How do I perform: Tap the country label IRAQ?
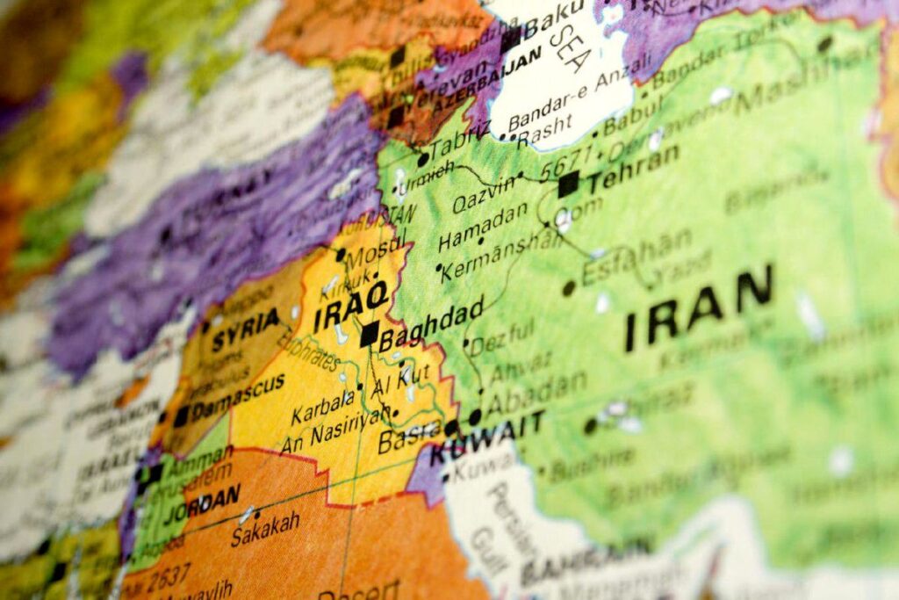tap(350, 304)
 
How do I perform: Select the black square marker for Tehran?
tap(568, 184)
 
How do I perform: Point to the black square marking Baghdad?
tap(370, 333)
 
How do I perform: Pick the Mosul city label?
tap(376, 257)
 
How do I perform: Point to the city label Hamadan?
tap(483, 228)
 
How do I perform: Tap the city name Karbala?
tap(321, 414)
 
